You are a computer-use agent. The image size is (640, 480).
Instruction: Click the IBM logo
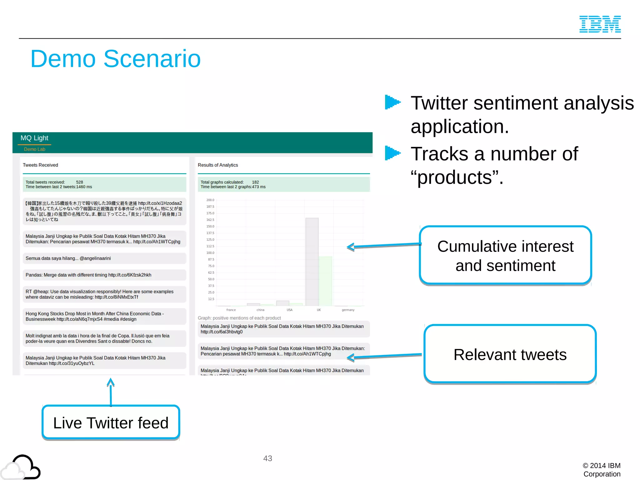click(600, 24)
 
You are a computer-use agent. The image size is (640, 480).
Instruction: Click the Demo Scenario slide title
click(115, 59)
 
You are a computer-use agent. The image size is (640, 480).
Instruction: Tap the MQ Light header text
click(34, 138)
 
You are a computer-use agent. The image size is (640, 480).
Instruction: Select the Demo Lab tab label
click(35, 149)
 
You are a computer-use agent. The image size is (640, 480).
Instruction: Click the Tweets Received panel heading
click(40, 165)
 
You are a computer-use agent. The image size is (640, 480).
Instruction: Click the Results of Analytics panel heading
click(218, 165)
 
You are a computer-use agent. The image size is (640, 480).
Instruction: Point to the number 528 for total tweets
click(80, 182)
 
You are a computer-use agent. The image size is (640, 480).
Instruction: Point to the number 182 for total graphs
click(255, 182)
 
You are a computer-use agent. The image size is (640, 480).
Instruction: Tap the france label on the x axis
click(231, 310)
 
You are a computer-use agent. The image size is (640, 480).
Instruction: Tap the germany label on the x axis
click(348, 310)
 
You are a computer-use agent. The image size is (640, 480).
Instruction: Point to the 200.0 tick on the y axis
click(210, 200)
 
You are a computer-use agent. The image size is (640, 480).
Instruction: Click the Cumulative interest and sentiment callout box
click(505, 255)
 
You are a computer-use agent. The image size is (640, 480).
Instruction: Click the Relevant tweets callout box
click(510, 354)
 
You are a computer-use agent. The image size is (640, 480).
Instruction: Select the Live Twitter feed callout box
click(111, 422)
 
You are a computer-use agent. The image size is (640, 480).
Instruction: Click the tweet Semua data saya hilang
click(68, 258)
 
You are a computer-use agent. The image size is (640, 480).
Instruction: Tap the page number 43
click(267, 458)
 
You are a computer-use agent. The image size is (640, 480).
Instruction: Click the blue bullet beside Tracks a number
click(392, 153)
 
